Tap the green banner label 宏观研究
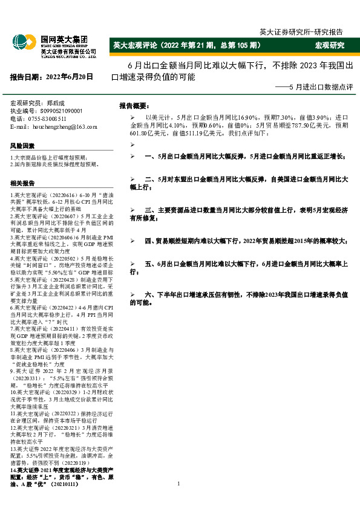(x=330, y=45)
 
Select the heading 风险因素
(x=22, y=146)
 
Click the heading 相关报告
(x=22, y=183)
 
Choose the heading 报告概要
(x=133, y=104)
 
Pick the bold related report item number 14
(x=60, y=474)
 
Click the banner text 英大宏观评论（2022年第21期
(x=188, y=45)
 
